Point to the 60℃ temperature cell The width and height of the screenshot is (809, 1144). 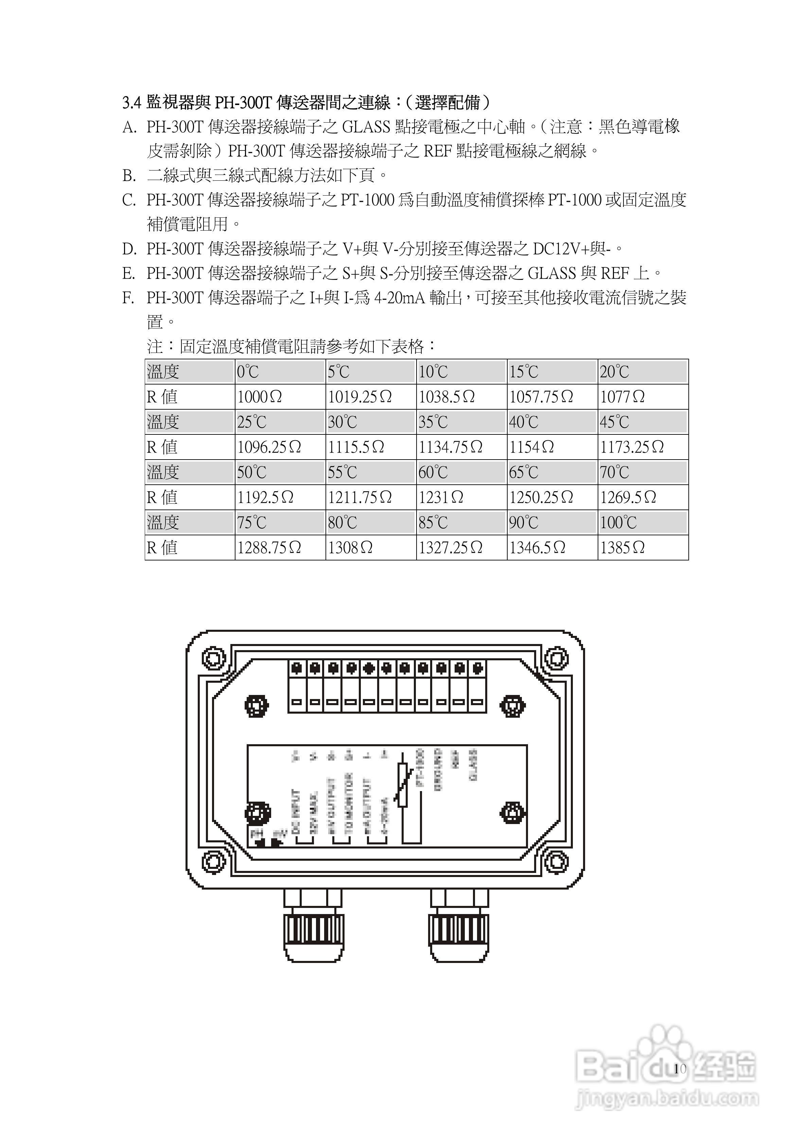[x=433, y=472]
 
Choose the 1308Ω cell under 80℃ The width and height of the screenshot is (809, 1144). [x=350, y=548]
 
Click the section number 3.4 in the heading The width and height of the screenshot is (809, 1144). [x=132, y=103]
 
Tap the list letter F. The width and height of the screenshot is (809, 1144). [x=128, y=298]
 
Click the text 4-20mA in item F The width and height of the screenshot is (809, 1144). [x=399, y=298]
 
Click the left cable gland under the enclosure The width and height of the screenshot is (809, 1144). [x=314, y=931]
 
